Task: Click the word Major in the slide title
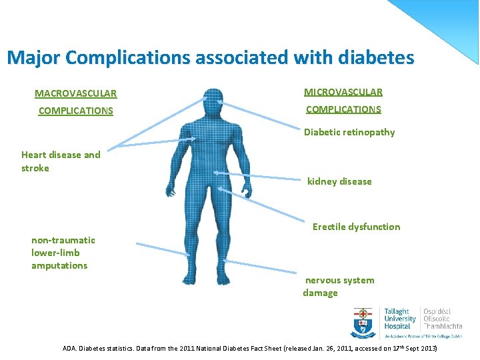[x=34, y=58]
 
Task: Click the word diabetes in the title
[x=376, y=57]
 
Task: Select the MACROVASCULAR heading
[x=75, y=94]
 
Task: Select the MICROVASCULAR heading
[x=343, y=92]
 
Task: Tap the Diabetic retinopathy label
[x=349, y=132]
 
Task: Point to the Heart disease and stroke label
[x=61, y=161]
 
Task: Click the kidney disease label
[x=339, y=181]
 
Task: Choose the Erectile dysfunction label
[x=356, y=227]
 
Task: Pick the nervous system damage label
[x=339, y=287]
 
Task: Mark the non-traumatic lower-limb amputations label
[x=63, y=253]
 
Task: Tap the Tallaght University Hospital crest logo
[x=363, y=323]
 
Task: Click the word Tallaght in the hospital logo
[x=397, y=311]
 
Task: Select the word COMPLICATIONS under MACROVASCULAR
[x=75, y=111]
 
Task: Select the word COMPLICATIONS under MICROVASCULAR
[x=343, y=109]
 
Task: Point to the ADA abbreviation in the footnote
[x=69, y=349]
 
